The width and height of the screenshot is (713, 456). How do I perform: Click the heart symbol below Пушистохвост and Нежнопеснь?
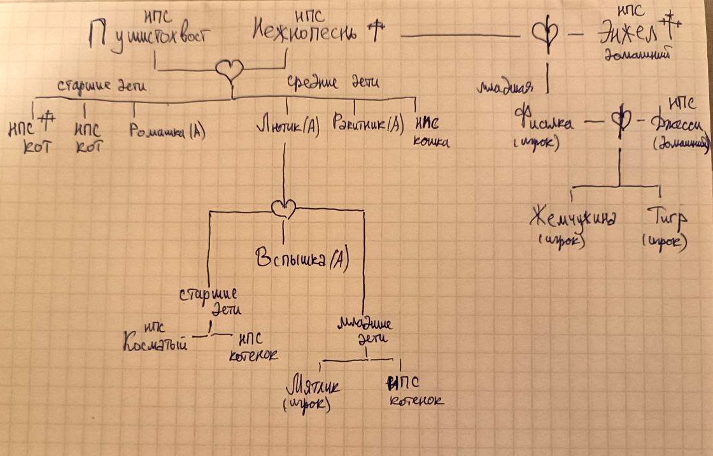230,69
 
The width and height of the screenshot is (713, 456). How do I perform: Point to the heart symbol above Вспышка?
284,207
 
